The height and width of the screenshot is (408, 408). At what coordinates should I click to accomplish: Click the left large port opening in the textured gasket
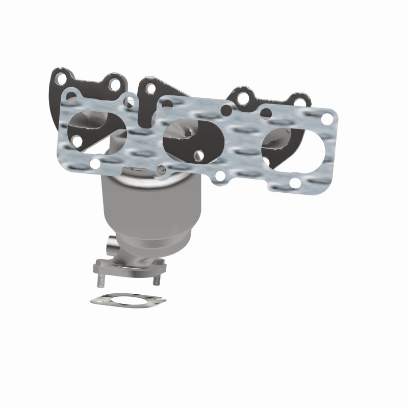(97, 127)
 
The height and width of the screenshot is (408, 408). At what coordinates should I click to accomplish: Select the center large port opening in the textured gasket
(191, 138)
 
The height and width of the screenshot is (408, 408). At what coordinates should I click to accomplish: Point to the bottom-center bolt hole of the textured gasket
(220, 176)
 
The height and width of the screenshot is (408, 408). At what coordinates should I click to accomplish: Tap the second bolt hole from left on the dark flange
(116, 84)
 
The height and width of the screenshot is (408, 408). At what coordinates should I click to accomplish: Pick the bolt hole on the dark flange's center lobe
(150, 89)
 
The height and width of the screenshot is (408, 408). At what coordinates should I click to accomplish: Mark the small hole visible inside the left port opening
(76, 139)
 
